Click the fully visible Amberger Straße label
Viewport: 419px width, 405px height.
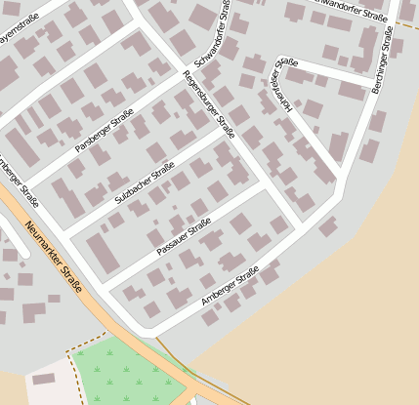tap(230, 285)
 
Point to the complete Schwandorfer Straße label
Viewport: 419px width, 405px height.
tap(211, 35)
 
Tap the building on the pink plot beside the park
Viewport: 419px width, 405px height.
tap(43, 379)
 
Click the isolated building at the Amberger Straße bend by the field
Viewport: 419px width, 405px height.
tap(328, 227)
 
